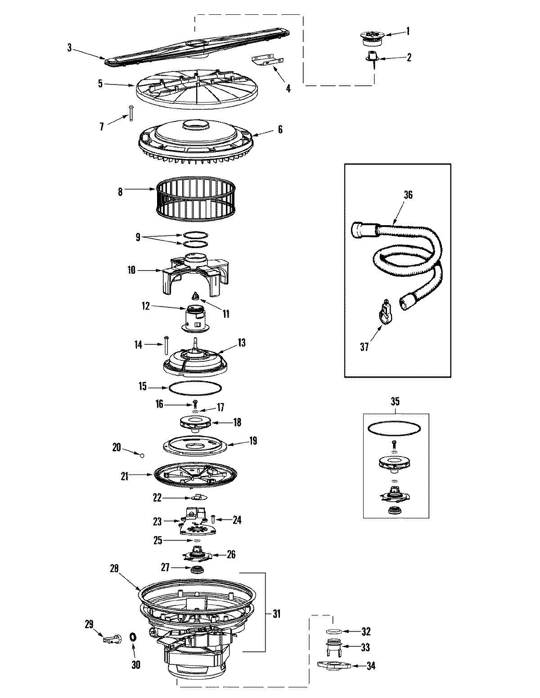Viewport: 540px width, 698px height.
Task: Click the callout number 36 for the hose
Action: click(408, 195)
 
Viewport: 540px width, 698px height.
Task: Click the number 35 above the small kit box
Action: click(395, 401)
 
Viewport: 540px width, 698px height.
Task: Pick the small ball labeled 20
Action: click(142, 455)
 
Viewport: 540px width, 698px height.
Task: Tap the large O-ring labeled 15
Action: click(195, 387)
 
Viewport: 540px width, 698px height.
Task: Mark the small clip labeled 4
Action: click(269, 61)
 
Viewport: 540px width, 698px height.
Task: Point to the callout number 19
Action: click(253, 441)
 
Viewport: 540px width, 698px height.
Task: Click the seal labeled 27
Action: click(196, 570)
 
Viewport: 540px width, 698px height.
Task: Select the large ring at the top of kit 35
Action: click(395, 428)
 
